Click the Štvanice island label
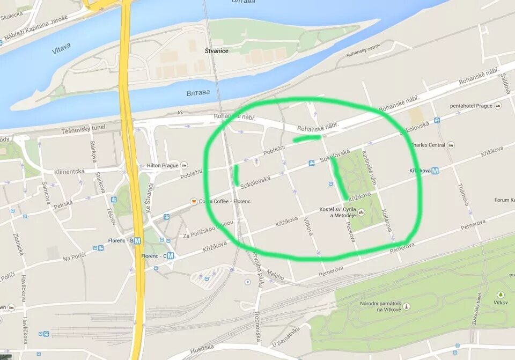[217, 51]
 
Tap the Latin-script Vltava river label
[61, 49]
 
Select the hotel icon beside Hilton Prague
[185, 165]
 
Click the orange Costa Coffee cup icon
[194, 202]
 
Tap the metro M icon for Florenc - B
[138, 241]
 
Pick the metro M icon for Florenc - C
[171, 256]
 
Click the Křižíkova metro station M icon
[435, 171]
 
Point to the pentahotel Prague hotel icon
[498, 106]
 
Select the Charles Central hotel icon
[451, 145]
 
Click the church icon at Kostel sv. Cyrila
[361, 212]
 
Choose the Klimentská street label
[69, 172]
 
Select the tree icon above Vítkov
[501, 295]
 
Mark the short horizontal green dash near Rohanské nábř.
[307, 138]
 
